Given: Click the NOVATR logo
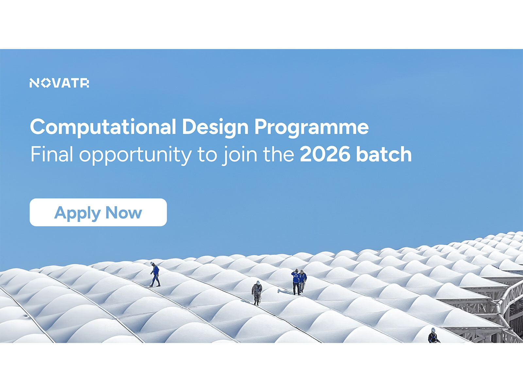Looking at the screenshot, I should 59,83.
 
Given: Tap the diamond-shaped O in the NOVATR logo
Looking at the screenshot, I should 46,83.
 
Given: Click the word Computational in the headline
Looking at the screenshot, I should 103,127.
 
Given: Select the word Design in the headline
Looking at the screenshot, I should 215,127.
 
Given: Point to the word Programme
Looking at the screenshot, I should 312,127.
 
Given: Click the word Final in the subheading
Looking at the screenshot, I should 52,154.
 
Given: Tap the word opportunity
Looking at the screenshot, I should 135,155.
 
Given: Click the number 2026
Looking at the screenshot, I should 325,154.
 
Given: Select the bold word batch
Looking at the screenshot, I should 384,154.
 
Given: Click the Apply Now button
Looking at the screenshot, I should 98,212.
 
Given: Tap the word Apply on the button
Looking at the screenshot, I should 77,213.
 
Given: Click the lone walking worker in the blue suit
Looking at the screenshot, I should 155,275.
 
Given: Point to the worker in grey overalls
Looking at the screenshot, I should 257,293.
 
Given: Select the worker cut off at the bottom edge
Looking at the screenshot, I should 433,336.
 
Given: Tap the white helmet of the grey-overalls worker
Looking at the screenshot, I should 258,283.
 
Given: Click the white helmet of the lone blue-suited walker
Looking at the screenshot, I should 152,263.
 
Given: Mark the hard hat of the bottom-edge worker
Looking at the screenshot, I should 433,330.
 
